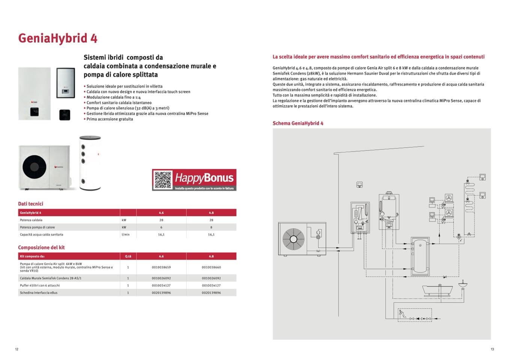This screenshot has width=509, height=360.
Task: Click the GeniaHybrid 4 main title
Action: (58, 39)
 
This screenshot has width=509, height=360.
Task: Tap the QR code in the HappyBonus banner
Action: (163, 180)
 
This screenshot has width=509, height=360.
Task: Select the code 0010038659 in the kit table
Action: (161, 267)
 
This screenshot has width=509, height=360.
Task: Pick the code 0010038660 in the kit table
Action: (211, 267)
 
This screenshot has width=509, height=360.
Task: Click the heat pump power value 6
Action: (161, 227)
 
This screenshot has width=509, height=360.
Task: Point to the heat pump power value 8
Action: (211, 227)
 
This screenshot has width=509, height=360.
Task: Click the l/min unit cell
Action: (125, 235)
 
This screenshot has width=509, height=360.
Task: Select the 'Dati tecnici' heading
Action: (31, 204)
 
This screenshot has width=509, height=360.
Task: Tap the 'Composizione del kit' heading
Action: (41, 247)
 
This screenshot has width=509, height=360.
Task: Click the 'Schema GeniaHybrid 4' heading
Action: (298, 123)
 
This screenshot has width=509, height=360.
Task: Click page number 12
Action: (17, 349)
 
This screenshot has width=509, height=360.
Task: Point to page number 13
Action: (492, 349)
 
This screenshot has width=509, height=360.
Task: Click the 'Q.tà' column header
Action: (128, 256)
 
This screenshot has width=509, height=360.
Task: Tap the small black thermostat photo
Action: (65, 114)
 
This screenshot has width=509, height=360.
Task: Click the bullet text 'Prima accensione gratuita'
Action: (110, 119)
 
